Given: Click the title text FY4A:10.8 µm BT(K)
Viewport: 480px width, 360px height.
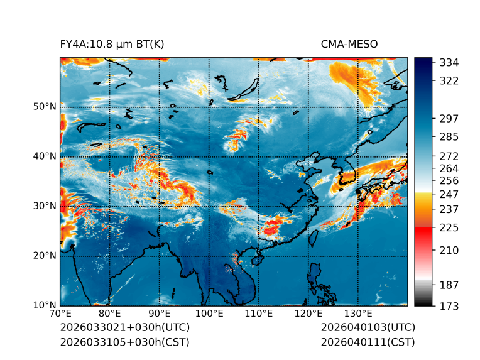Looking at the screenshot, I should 112,44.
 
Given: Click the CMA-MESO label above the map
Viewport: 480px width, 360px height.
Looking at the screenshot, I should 349,44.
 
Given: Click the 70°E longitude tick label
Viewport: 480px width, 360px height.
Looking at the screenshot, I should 60,314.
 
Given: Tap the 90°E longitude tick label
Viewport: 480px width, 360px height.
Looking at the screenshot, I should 160,314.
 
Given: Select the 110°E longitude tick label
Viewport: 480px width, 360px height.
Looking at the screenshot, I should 259,314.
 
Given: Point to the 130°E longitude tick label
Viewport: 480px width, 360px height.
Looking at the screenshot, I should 358,314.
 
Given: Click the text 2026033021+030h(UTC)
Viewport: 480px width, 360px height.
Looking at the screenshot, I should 124,328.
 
